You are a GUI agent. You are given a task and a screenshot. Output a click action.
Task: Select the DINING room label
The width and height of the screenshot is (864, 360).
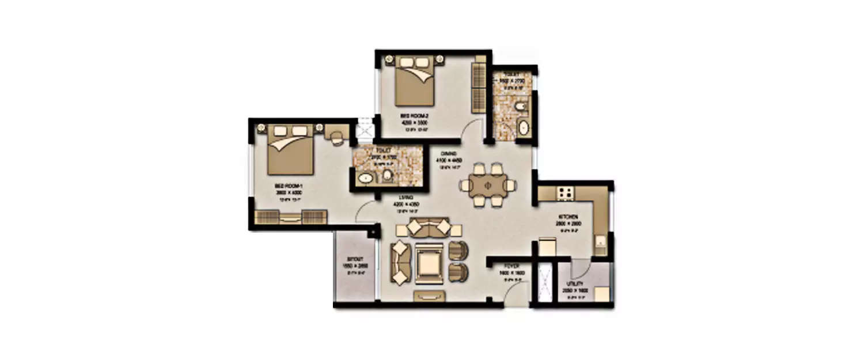click(x=449, y=154)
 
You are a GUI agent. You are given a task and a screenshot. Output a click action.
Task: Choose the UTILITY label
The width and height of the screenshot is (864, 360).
click(x=574, y=284)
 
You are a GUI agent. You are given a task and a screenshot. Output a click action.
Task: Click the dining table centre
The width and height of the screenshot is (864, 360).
click(x=487, y=185)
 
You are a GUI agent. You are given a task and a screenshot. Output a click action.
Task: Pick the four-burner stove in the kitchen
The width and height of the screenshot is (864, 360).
click(x=565, y=193)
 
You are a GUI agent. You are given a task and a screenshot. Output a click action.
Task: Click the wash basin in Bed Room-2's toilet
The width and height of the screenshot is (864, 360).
click(x=524, y=127)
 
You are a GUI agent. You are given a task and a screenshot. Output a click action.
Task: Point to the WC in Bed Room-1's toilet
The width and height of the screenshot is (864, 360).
click(x=387, y=175)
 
